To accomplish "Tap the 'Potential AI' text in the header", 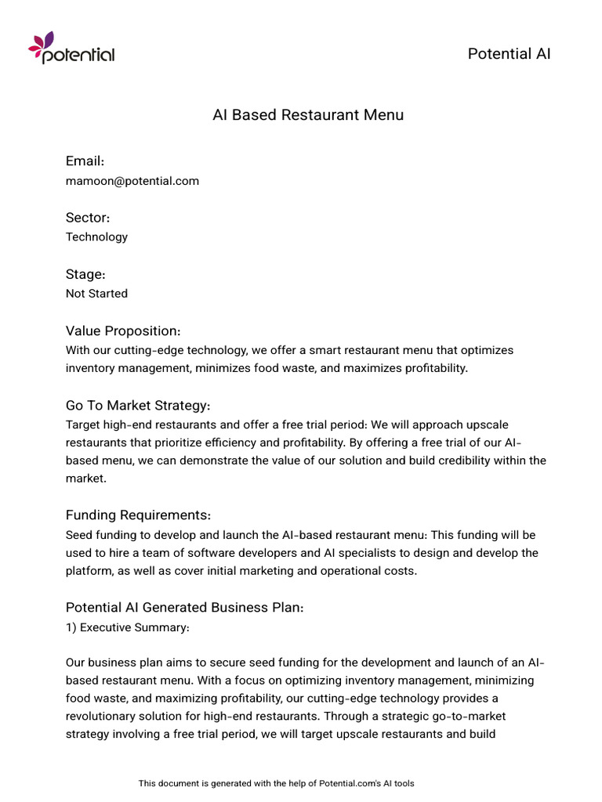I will [x=509, y=53].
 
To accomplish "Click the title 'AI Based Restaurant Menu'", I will [x=308, y=115].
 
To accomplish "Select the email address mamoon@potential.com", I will [x=132, y=181].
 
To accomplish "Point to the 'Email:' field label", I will [x=85, y=161].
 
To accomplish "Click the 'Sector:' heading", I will [x=87, y=217].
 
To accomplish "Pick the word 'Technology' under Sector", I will [x=96, y=237].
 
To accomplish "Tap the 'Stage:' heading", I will [x=85, y=274].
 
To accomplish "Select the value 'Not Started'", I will [x=96, y=294].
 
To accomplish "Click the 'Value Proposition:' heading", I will [x=123, y=331].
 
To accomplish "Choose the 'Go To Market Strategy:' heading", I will [x=138, y=405].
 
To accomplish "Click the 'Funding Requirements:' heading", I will [x=138, y=515].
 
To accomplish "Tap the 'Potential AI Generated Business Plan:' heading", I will [x=184, y=607].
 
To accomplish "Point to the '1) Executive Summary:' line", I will [x=127, y=627].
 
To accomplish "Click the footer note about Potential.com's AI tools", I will [x=276, y=783].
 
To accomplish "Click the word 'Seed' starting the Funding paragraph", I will [x=80, y=535].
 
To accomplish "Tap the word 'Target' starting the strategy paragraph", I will [x=84, y=425].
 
